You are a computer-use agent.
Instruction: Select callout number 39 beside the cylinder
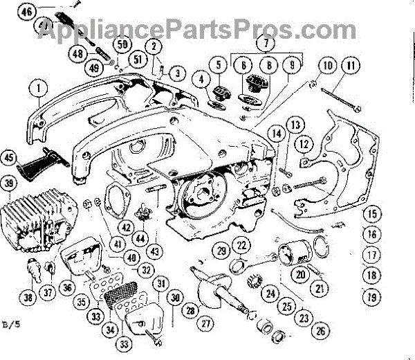click(10, 183)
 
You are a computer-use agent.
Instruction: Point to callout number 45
click(10, 157)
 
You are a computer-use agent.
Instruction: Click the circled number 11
click(353, 67)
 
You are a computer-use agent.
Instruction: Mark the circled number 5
click(219, 66)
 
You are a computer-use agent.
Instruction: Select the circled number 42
click(125, 226)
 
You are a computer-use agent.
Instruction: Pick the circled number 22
click(241, 244)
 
